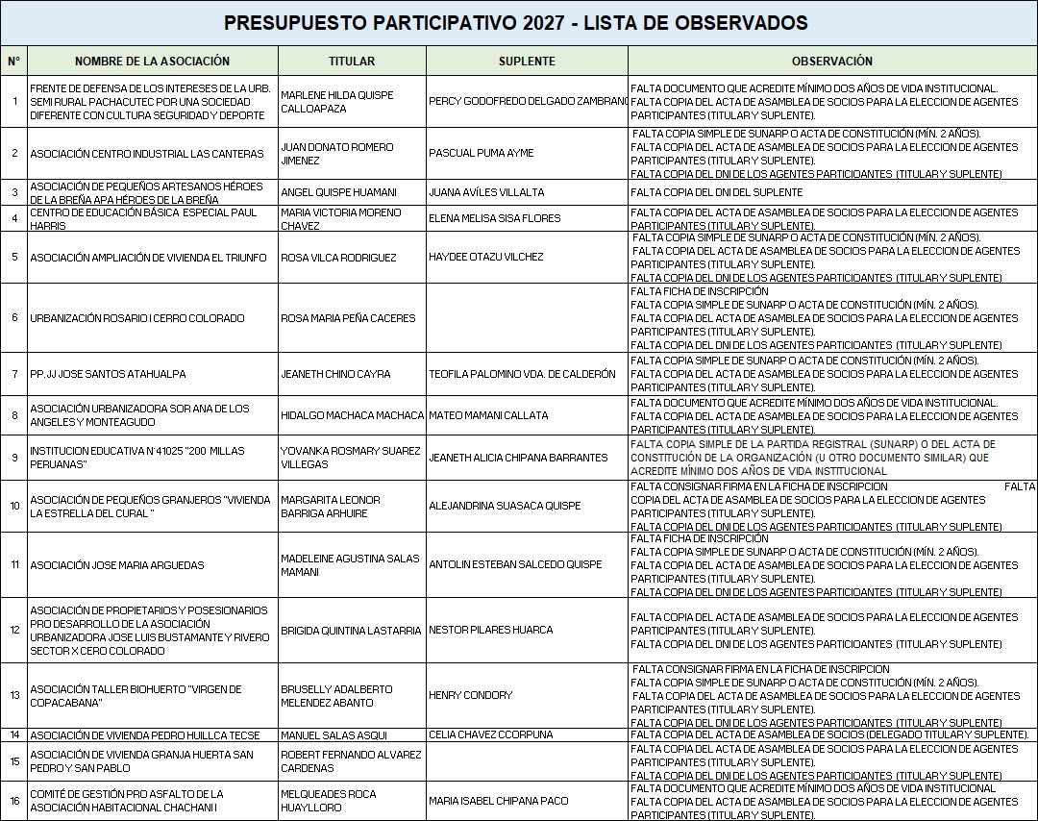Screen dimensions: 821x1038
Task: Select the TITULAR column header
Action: [x=352, y=61]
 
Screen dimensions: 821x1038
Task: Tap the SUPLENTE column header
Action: [x=527, y=61]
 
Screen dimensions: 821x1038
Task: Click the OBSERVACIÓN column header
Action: [x=832, y=61]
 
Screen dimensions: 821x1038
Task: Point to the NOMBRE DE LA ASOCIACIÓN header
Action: [x=153, y=61]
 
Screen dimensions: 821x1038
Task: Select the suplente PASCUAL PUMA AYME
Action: [x=481, y=154]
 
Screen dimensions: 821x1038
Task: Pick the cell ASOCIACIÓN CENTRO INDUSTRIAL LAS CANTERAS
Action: [x=146, y=154]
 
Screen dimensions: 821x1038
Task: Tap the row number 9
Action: [x=14, y=457]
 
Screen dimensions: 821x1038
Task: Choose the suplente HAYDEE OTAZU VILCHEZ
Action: [x=486, y=257]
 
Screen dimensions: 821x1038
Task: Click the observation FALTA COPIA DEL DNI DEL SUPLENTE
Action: [x=716, y=192]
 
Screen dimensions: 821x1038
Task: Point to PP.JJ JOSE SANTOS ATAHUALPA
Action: [x=108, y=374]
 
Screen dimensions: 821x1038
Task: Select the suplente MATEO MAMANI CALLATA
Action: [x=488, y=415]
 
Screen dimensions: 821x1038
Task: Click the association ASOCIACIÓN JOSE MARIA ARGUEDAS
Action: [x=116, y=565]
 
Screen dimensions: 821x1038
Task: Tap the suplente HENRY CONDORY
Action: [x=471, y=695]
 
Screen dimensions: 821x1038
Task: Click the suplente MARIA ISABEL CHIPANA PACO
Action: [x=498, y=801]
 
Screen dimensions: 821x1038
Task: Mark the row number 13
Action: [x=14, y=695]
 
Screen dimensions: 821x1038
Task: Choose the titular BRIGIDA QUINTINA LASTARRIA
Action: [x=351, y=631]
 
